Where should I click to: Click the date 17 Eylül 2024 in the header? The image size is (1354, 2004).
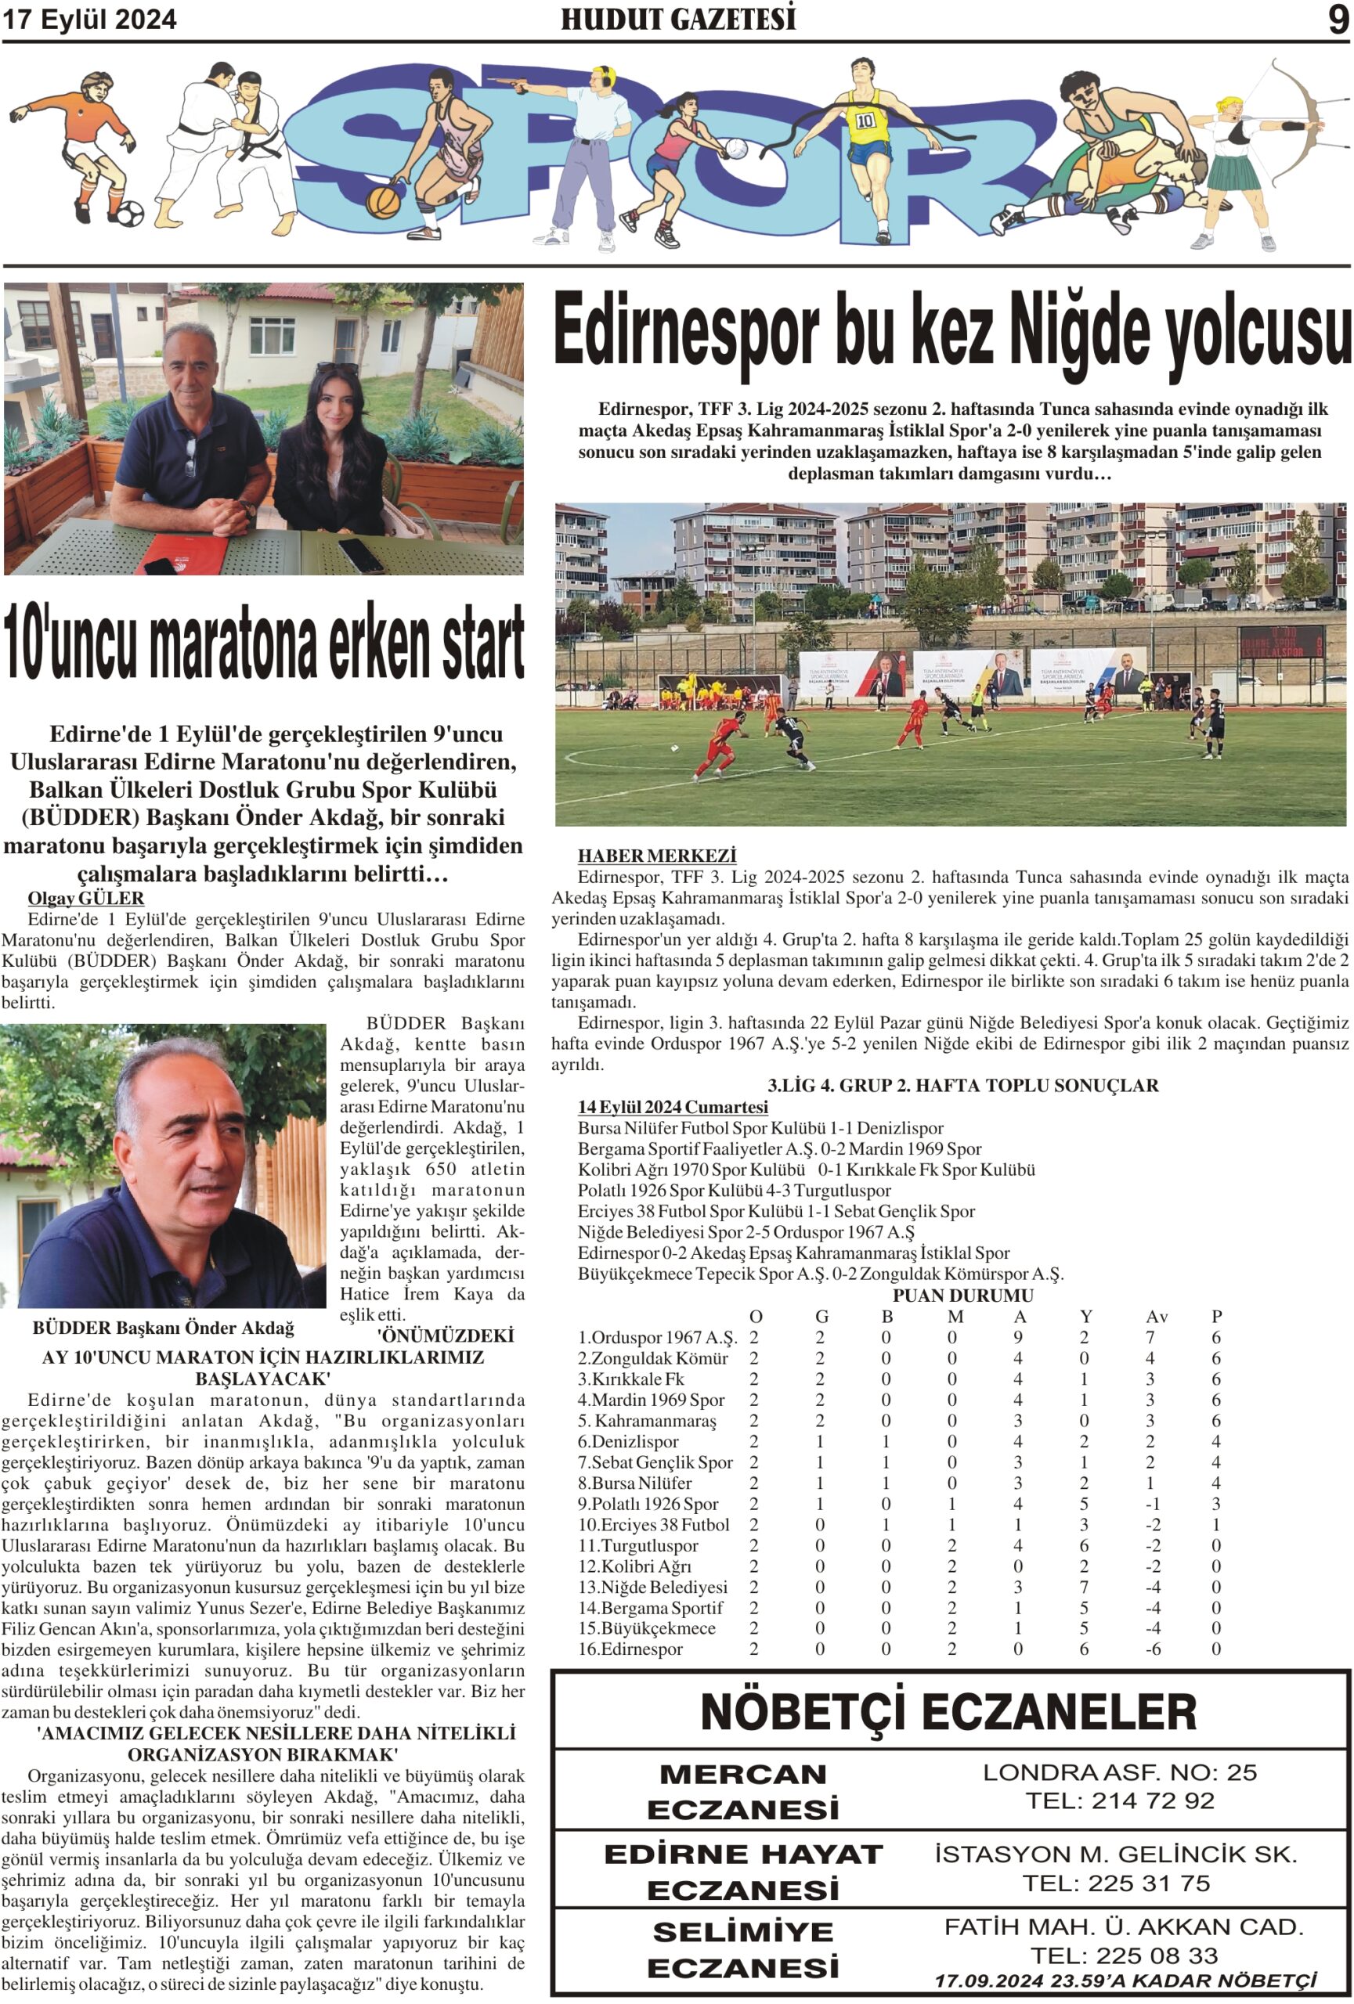(90, 20)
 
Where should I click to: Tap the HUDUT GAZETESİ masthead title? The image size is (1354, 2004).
(678, 19)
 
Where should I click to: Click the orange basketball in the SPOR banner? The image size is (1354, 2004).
(383, 202)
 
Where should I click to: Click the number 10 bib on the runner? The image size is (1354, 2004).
(865, 121)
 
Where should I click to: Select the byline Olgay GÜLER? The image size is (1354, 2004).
(85, 899)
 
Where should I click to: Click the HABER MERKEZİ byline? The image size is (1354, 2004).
(656, 856)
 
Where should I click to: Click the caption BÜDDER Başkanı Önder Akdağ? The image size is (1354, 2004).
(164, 1328)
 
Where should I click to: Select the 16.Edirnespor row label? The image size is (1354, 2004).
(630, 1649)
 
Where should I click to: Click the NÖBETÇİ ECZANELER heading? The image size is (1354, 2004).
(948, 1712)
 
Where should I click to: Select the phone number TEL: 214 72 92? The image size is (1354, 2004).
(1118, 1800)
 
